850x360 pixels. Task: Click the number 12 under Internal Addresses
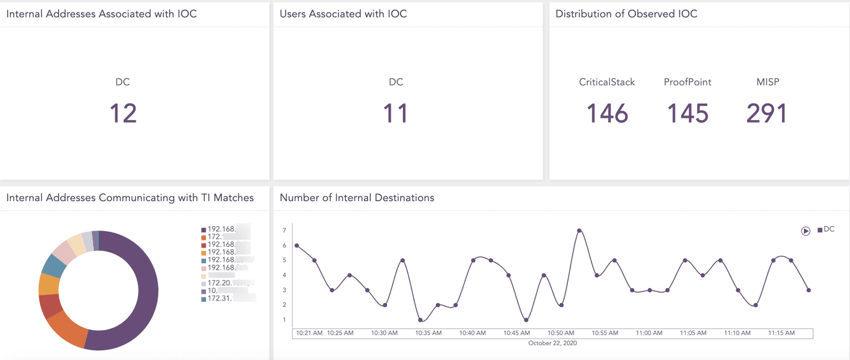tap(123, 113)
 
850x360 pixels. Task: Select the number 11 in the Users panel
tap(396, 113)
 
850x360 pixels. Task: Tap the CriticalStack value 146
tap(607, 113)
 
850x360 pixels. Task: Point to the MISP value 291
tap(767, 113)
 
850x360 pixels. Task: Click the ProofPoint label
tap(687, 82)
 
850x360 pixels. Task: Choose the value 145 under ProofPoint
tap(687, 113)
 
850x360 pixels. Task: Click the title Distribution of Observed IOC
tap(626, 13)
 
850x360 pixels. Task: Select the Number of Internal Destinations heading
tap(357, 197)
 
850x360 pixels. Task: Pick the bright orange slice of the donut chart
tap(67, 328)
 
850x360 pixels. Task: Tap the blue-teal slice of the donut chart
tap(54, 265)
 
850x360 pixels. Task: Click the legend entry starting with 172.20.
tap(221, 283)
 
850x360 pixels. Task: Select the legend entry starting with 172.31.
tap(221, 299)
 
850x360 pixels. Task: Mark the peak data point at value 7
tap(579, 231)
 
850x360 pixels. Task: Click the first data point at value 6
tap(297, 246)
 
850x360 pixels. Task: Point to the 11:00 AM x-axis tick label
tap(649, 333)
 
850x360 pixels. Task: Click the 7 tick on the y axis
tap(284, 231)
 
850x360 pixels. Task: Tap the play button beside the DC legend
tap(805, 231)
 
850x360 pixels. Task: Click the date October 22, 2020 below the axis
tap(553, 343)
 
